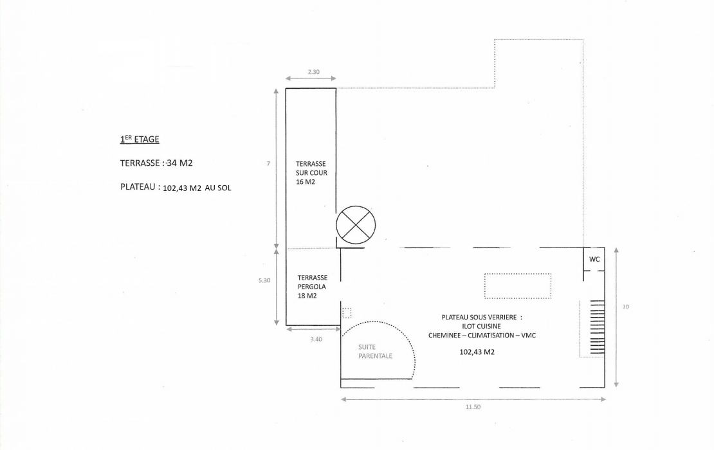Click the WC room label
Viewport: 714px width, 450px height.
click(594, 259)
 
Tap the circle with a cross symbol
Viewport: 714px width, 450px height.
click(356, 226)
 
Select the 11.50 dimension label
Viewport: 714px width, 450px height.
click(473, 406)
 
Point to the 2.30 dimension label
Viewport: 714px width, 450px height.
click(313, 71)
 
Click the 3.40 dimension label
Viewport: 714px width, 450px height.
click(316, 339)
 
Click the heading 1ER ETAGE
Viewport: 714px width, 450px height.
click(140, 139)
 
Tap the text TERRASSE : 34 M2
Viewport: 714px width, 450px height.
click(156, 163)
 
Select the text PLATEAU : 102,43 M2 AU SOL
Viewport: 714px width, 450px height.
click(176, 188)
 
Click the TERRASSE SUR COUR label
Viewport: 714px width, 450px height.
click(311, 173)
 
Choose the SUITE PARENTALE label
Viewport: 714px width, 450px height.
click(376, 351)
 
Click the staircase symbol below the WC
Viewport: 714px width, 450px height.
click(592, 327)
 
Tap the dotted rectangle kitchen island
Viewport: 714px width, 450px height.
click(518, 286)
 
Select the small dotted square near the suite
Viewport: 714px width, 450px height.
click(347, 313)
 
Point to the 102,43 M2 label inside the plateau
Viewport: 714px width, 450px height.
click(477, 352)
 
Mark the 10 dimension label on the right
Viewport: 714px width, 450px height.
click(626, 307)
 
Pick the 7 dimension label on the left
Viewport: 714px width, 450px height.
click(268, 164)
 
